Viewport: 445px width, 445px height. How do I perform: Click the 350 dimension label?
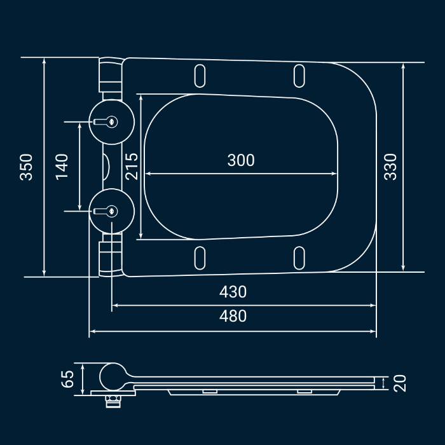pos(26,167)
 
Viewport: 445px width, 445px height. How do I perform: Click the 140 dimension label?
pos(62,167)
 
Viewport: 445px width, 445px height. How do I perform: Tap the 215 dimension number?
pos(132,167)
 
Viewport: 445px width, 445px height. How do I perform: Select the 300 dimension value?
pos(241,160)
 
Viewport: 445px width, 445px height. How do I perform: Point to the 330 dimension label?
pos(390,167)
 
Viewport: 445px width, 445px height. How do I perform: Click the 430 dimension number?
pos(233,292)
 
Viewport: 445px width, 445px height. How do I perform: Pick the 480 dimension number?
pos(233,316)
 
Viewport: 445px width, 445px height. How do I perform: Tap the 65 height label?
pos(67,379)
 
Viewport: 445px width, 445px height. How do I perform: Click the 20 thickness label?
pos(400,383)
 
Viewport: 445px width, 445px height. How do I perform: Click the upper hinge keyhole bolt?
pos(106,122)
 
